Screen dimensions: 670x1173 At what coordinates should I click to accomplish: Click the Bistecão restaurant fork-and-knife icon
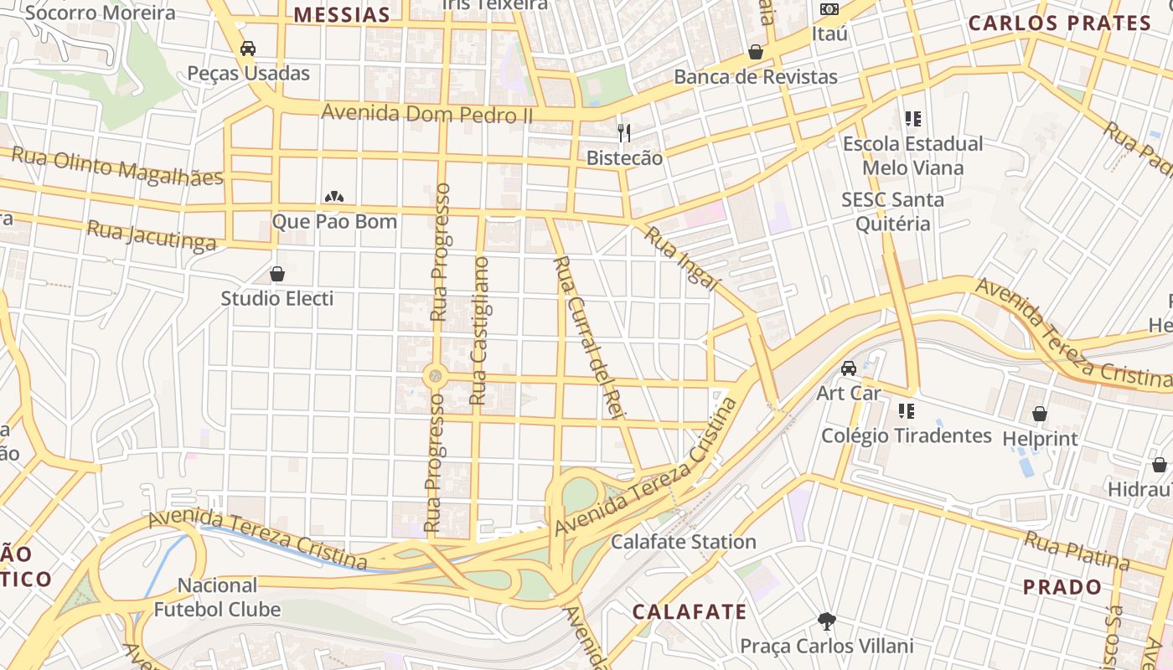click(623, 132)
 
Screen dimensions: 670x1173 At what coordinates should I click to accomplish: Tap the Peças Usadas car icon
click(248, 49)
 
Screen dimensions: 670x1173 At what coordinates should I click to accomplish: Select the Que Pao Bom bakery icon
click(334, 198)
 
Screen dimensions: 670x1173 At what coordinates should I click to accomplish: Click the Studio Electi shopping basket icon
click(277, 274)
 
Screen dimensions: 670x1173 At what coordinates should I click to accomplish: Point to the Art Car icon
click(849, 368)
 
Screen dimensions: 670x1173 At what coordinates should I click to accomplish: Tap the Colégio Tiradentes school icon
click(906, 411)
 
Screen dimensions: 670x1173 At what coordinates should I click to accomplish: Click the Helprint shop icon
click(1040, 414)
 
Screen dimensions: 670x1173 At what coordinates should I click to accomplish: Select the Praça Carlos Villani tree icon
click(827, 621)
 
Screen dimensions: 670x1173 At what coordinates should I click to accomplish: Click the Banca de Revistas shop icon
click(756, 52)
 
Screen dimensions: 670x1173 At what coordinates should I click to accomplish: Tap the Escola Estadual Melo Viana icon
click(913, 119)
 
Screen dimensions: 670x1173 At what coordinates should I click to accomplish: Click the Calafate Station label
click(683, 542)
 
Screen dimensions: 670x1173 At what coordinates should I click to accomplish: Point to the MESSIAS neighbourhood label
click(342, 14)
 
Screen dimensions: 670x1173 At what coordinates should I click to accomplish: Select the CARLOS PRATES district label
click(1060, 23)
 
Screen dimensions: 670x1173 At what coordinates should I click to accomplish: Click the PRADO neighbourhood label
click(1062, 586)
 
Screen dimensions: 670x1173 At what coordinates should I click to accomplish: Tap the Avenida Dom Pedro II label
click(426, 112)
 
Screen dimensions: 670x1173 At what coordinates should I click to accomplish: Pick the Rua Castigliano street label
click(480, 332)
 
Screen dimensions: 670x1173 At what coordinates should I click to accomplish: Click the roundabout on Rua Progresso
click(434, 376)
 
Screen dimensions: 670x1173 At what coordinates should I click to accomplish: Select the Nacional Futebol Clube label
click(217, 597)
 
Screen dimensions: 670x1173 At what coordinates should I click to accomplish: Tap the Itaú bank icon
click(829, 9)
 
